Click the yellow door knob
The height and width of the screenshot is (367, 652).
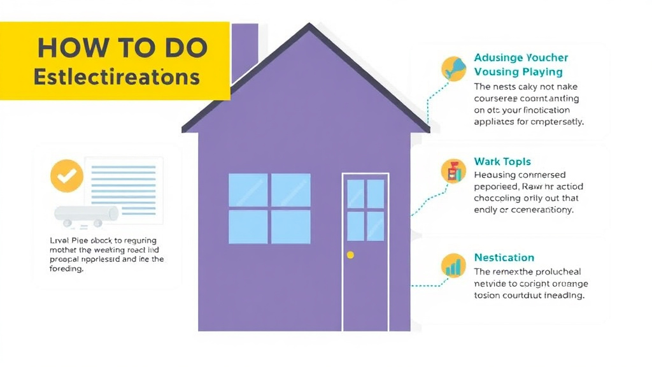(350, 255)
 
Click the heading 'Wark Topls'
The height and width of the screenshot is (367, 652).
(502, 162)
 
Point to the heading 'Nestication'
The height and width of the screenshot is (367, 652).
(504, 257)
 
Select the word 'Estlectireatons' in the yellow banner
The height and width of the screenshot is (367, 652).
(117, 77)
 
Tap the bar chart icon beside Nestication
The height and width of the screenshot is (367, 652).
(454, 266)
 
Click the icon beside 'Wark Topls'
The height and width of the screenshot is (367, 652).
(453, 171)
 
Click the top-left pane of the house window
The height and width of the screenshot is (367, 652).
(248, 190)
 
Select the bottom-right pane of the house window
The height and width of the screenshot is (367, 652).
(290, 226)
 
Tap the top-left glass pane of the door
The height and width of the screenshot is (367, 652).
(355, 194)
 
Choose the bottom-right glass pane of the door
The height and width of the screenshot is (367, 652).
(375, 226)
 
